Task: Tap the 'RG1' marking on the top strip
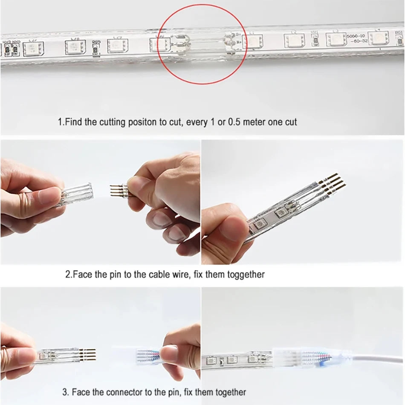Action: point(398,32)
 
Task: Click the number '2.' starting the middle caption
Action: point(68,274)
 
